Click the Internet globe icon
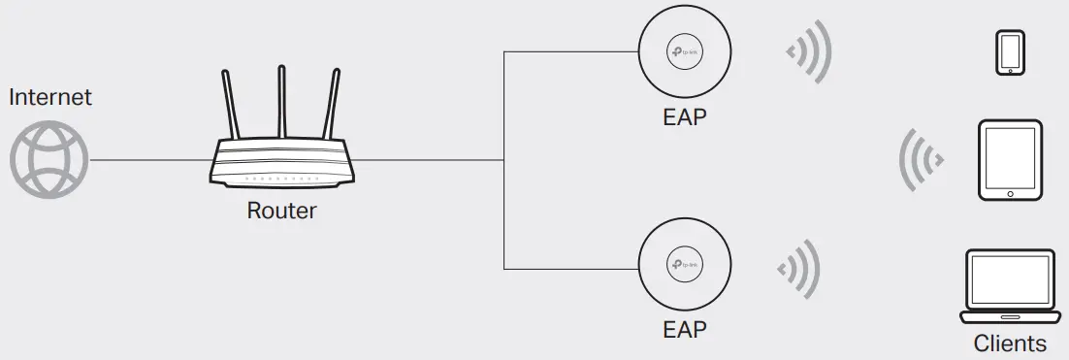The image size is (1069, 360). coord(49,159)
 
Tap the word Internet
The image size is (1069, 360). coord(49,97)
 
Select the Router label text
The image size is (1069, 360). coord(281,210)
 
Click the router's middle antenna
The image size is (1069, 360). coord(282,102)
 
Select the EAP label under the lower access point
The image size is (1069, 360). coord(684,329)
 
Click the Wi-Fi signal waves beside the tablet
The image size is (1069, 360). coord(923,159)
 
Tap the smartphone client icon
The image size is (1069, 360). coord(1010,52)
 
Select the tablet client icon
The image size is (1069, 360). coord(1010,160)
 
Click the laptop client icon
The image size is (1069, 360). coord(1010,286)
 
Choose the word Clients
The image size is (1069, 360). coord(1010,344)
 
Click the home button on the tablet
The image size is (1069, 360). coord(1010,193)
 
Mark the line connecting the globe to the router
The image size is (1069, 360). coord(150,160)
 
